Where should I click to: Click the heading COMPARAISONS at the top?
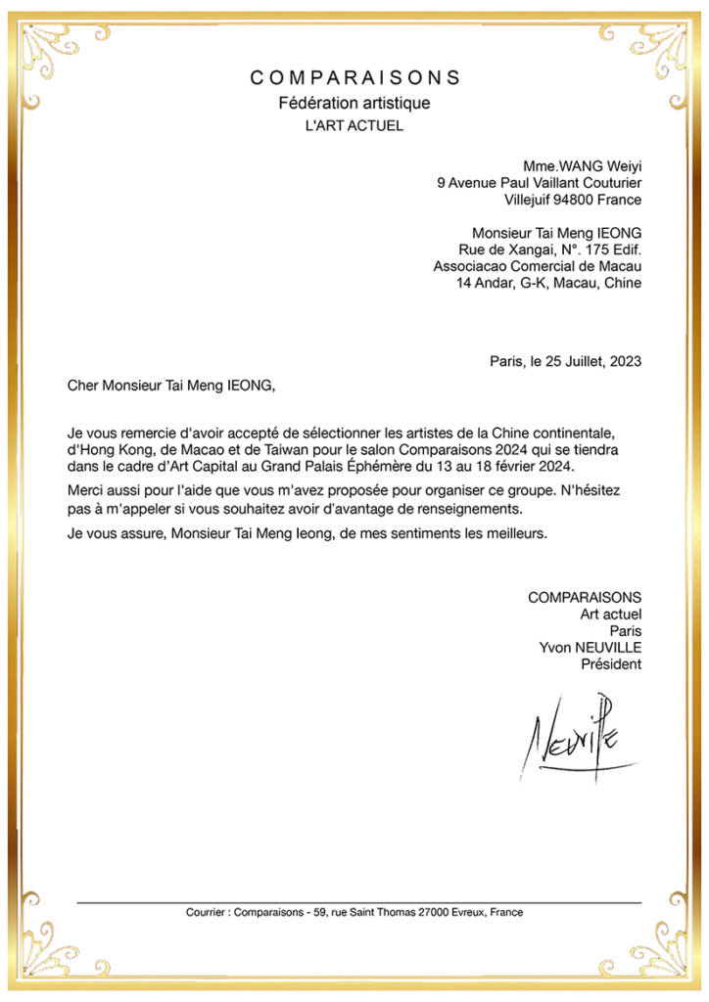[x=354, y=77]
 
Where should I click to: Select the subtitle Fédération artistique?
[x=354, y=103]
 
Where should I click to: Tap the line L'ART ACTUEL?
[x=354, y=126]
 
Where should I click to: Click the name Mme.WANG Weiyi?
[x=583, y=165]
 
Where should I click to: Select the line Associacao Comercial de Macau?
[x=538, y=266]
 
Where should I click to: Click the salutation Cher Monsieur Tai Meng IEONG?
[x=171, y=386]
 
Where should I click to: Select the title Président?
[x=612, y=664]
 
